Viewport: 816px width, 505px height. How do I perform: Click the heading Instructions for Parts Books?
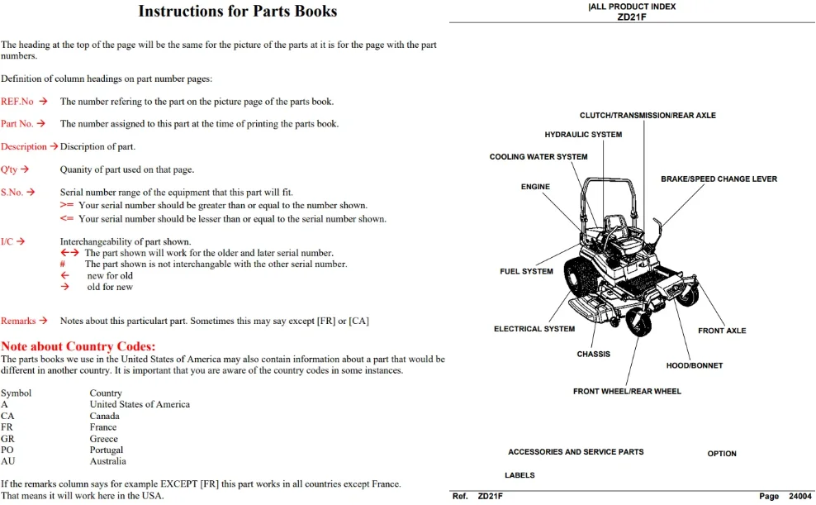237,11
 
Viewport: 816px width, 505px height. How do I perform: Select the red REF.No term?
17,102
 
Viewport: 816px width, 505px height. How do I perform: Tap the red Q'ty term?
9,169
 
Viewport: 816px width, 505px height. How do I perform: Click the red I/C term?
7,241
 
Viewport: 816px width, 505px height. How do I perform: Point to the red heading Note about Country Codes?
78,346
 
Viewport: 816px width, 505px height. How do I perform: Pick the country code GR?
7,439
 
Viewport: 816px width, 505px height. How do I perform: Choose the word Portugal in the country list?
107,450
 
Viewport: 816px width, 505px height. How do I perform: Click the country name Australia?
107,461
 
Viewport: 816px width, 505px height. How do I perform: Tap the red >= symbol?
67,205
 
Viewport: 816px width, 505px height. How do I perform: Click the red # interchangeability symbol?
63,264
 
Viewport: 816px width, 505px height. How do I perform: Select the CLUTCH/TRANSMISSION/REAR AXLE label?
648,115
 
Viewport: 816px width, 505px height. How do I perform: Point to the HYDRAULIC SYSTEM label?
583,135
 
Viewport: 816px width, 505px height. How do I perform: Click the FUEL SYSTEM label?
526,271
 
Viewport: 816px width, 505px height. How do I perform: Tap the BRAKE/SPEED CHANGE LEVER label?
719,179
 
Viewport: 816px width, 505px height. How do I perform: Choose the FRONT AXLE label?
722,331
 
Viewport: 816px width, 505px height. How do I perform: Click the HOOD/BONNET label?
695,365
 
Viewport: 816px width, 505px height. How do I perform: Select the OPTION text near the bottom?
721,454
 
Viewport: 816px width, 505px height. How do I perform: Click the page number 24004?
799,496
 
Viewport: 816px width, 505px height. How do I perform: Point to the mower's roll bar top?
609,179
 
